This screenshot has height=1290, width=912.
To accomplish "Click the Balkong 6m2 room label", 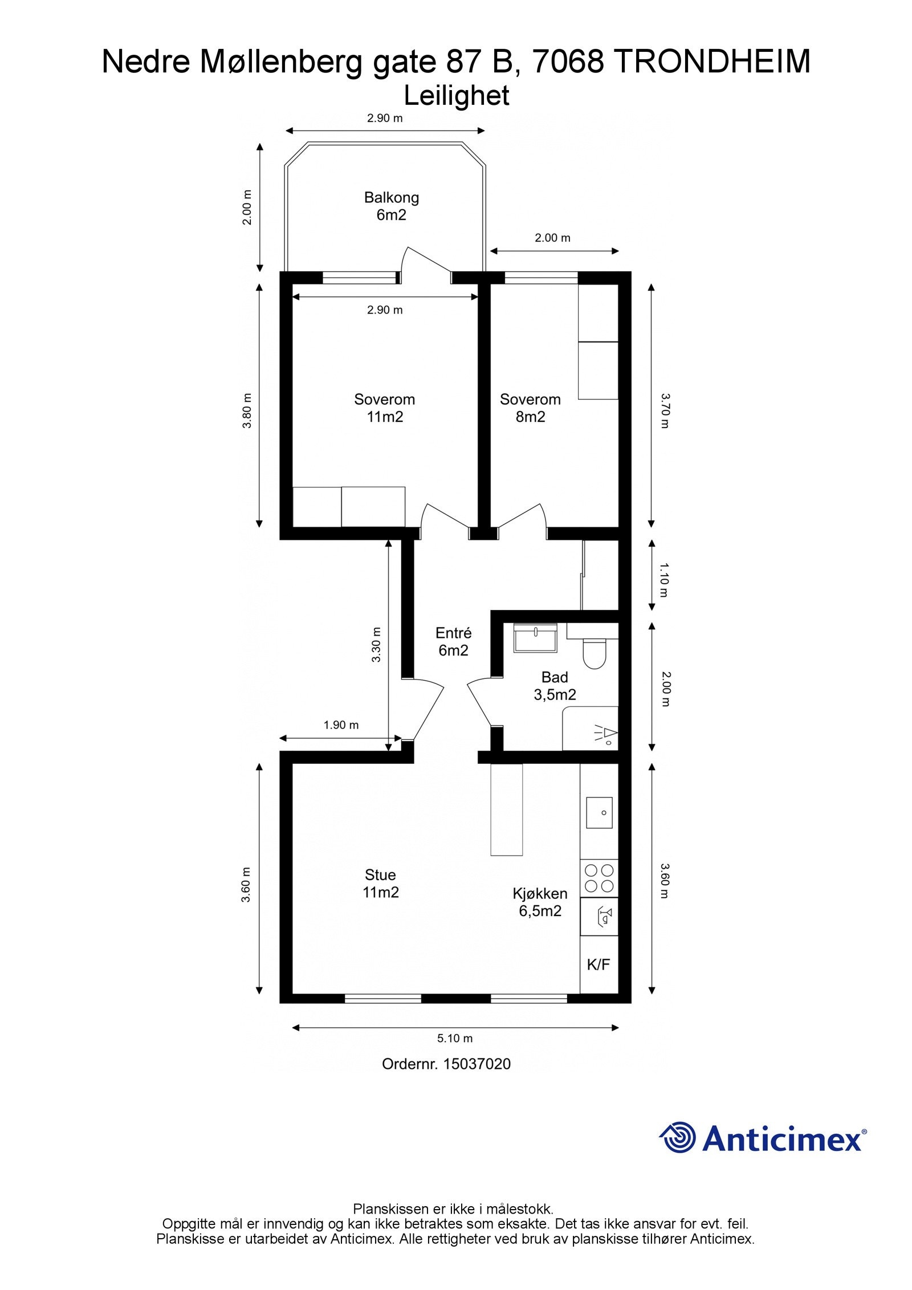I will pyautogui.click(x=391, y=206).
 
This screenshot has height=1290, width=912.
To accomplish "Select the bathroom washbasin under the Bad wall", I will pyautogui.click(x=535, y=637).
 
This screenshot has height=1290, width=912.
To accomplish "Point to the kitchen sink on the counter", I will pyautogui.click(x=599, y=812).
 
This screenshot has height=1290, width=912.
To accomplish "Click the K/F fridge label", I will pyautogui.click(x=598, y=965).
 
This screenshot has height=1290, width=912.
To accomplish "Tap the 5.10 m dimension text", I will pyautogui.click(x=454, y=1038).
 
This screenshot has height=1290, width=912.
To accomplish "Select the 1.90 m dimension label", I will pyautogui.click(x=341, y=725).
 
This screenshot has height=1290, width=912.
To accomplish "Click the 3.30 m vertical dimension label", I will pyautogui.click(x=376, y=644).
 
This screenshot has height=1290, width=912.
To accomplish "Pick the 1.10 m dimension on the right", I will pyautogui.click(x=664, y=580).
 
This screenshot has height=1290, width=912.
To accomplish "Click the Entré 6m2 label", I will pyautogui.click(x=453, y=641).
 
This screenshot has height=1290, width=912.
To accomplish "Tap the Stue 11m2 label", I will pyautogui.click(x=380, y=883).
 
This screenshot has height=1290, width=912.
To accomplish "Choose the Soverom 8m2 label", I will pyautogui.click(x=530, y=408).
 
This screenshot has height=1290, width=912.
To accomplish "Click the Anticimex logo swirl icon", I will pyautogui.click(x=678, y=1137).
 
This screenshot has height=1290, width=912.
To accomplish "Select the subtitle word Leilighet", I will pyautogui.click(x=456, y=96).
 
